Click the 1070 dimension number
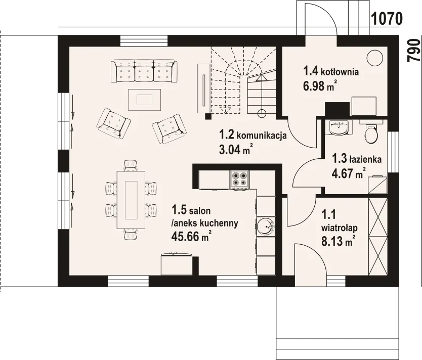pyautogui.click(x=387, y=19)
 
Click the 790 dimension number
pyautogui.click(x=414, y=51)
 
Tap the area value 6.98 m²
pyautogui.click(x=320, y=86)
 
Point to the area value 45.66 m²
pyautogui.click(x=191, y=237)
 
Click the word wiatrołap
pyautogui.click(x=340, y=228)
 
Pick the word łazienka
pyautogui.click(x=365, y=159)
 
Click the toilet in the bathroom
pyautogui.click(x=371, y=131)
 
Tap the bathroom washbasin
pyautogui.click(x=339, y=127)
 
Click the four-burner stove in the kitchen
pyautogui.click(x=239, y=179)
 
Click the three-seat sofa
pyautogui.click(x=144, y=71)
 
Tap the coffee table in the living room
pyautogui.click(x=145, y=100)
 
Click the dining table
pyautogui.click(x=131, y=200)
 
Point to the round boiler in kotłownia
pyautogui.click(x=375, y=58)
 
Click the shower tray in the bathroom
pyautogui.click(x=377, y=185)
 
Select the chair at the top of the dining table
pyautogui.click(x=131, y=166)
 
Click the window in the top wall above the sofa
pyautogui.click(x=144, y=41)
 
